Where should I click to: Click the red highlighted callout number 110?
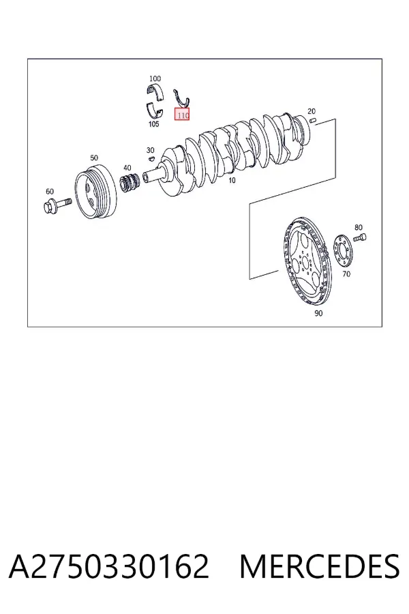click(x=182, y=115)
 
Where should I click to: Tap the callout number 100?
click(x=155, y=78)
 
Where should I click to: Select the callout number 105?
click(x=154, y=123)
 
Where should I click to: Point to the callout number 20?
click(x=312, y=111)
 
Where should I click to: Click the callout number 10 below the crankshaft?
click(x=232, y=181)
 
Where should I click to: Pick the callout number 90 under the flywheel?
click(x=318, y=313)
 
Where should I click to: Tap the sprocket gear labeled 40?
click(x=130, y=184)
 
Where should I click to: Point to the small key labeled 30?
click(x=151, y=158)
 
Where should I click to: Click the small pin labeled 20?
click(x=312, y=120)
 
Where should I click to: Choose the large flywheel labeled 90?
click(x=307, y=261)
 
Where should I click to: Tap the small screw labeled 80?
click(x=360, y=237)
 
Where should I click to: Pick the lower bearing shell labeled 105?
click(x=155, y=110)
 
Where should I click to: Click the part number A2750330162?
click(x=109, y=566)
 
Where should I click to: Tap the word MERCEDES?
click(x=320, y=566)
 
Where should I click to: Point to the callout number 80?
click(x=359, y=227)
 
